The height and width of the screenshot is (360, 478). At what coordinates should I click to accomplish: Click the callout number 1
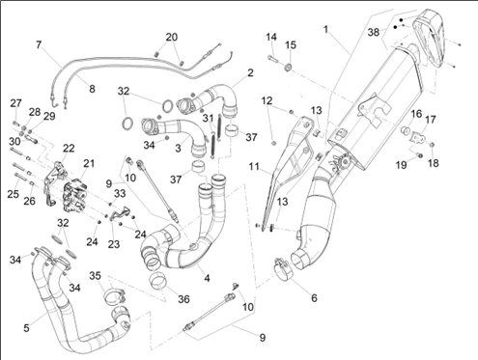coord(325,30)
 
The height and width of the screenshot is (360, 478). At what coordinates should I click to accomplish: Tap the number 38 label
coord(374,33)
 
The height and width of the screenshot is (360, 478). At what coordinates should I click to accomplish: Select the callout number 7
coord(39,44)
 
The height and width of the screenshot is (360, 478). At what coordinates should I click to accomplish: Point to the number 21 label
coord(89,163)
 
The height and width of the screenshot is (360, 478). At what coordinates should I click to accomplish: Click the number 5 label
coord(26,328)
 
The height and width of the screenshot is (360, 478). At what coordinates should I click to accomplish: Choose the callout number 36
coord(183,299)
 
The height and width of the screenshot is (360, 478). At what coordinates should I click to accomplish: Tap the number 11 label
coord(254,167)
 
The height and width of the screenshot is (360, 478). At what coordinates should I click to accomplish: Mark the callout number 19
coord(401,165)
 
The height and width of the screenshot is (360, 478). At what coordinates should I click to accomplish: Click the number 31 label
coord(208,118)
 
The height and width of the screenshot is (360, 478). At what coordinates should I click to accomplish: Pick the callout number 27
coord(15,103)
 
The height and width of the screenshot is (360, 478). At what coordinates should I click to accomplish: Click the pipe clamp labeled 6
coord(284,266)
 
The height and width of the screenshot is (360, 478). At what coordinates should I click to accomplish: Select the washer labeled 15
coord(289,68)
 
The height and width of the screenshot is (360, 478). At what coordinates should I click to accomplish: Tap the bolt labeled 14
coord(272,59)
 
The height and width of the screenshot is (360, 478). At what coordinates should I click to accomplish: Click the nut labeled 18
coord(433,144)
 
